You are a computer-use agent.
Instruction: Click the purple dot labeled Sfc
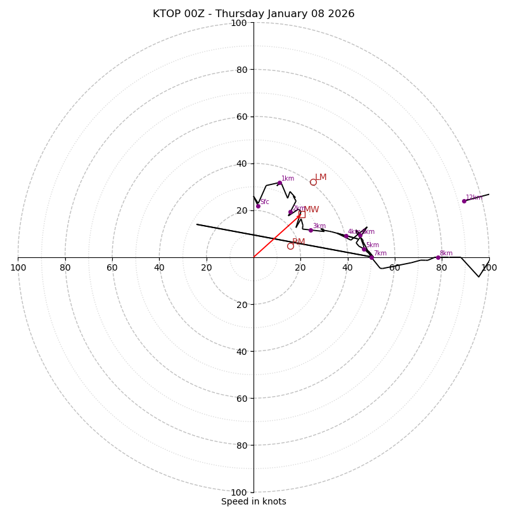pos(258,206)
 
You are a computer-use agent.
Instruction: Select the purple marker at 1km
pos(279,183)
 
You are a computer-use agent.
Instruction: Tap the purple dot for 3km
pos(311,230)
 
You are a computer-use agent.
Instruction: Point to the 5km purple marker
pos(364,249)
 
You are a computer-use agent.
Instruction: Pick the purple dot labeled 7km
pos(371,257)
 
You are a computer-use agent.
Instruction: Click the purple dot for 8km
pos(438,257)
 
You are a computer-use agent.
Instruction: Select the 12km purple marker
pos(464,201)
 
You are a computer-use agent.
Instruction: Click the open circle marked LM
pos(313,182)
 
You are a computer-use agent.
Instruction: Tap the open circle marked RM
pos(290,246)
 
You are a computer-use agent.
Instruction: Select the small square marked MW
pos(302,214)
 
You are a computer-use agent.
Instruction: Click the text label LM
pos(321,177)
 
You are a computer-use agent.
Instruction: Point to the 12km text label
pos(473,198)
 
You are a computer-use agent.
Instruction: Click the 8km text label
pos(446,253)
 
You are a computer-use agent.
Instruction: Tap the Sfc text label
pos(265,202)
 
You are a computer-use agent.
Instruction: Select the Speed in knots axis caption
pos(253,501)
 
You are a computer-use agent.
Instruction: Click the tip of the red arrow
pos(301,215)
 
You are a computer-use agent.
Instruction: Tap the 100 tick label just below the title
pos(238,23)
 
